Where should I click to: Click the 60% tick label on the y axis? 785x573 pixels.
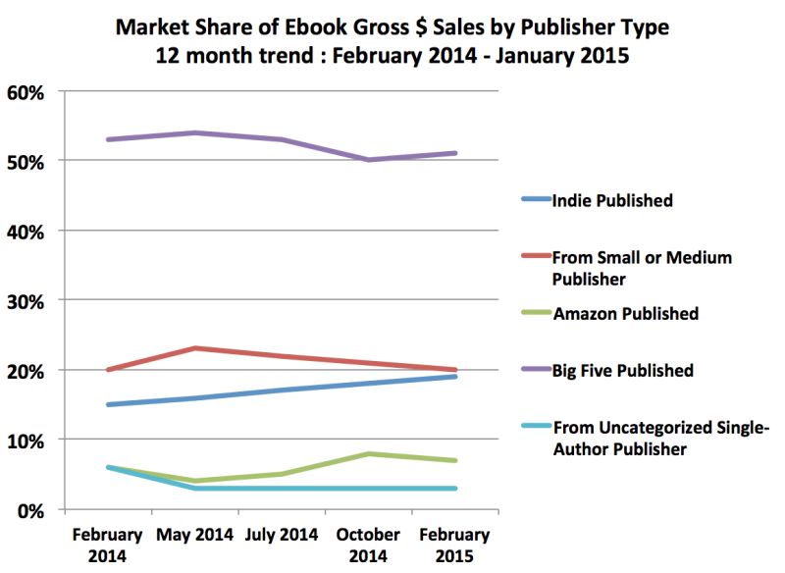point(26,93)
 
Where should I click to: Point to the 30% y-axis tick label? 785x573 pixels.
point(26,301)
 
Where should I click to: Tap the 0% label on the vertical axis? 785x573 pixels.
point(31,510)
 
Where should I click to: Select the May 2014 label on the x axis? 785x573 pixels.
point(194,536)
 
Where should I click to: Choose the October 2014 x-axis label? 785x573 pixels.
point(368,546)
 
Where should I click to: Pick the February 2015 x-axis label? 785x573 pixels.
point(455,546)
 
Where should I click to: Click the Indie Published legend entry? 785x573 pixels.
point(613,201)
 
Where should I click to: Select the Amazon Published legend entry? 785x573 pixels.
point(626,314)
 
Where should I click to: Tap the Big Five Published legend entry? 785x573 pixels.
point(623,371)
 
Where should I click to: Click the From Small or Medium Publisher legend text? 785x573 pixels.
point(643,267)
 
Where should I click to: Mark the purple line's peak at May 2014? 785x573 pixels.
point(194,132)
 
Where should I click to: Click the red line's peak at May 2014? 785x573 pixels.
point(194,348)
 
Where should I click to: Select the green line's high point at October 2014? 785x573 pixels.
point(368,453)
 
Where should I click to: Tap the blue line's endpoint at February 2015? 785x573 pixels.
point(455,377)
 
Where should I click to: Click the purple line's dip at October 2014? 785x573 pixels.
point(368,160)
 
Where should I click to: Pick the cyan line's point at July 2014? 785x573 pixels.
point(282,488)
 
